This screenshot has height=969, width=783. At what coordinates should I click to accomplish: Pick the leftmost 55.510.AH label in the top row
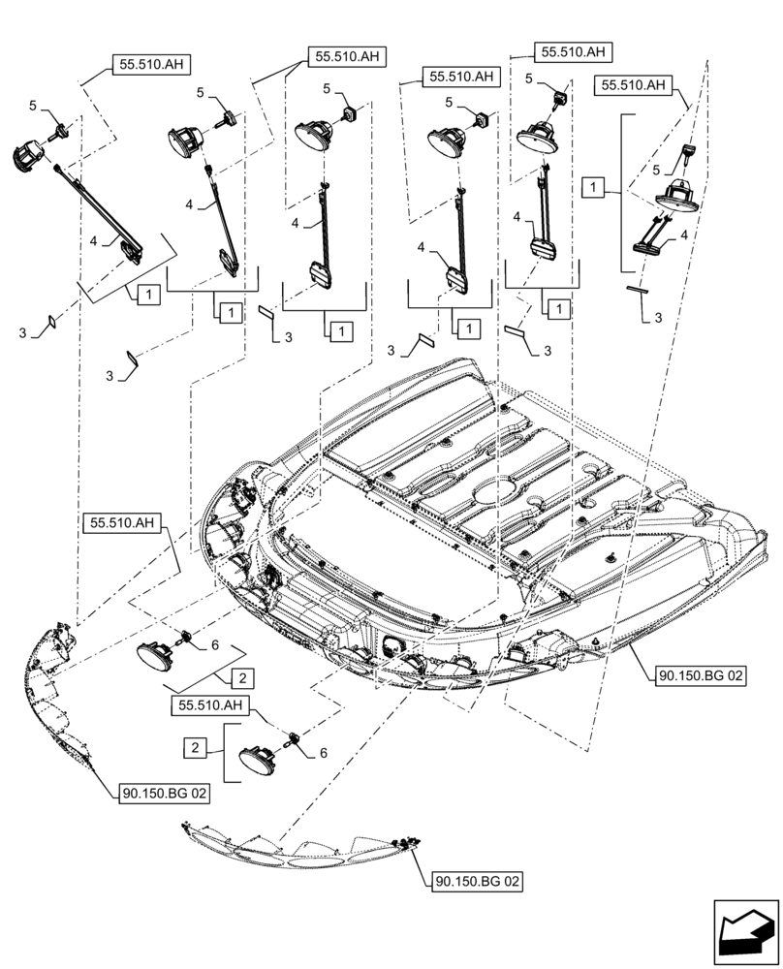[151, 66]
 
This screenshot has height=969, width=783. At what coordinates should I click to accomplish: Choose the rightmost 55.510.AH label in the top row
[635, 85]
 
